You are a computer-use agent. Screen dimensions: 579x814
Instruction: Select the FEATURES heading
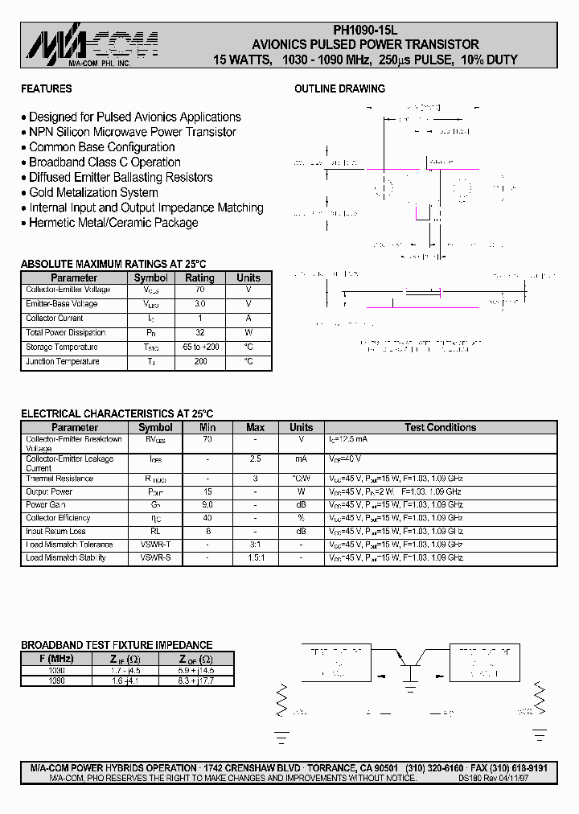46,88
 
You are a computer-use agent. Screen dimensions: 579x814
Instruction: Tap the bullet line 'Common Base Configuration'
101,147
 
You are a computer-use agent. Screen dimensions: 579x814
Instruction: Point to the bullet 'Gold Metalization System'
93,192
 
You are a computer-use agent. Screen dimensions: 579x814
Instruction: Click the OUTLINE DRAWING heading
339,88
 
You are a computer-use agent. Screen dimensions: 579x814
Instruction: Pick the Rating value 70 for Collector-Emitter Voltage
199,290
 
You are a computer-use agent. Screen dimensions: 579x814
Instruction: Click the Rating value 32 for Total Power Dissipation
199,333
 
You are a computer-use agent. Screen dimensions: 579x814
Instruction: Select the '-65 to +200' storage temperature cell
199,347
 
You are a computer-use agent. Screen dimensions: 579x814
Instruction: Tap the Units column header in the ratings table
248,277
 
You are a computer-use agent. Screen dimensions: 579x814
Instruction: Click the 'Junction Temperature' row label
63,362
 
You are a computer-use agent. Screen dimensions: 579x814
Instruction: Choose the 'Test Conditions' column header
440,428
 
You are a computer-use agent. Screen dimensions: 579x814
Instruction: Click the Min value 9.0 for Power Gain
207,505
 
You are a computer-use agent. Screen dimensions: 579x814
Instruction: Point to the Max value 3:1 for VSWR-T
255,545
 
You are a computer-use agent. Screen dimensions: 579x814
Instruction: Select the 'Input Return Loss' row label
55,532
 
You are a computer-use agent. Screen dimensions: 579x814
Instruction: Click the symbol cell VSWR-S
155,557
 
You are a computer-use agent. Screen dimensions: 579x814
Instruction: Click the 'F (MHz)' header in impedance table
55,657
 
